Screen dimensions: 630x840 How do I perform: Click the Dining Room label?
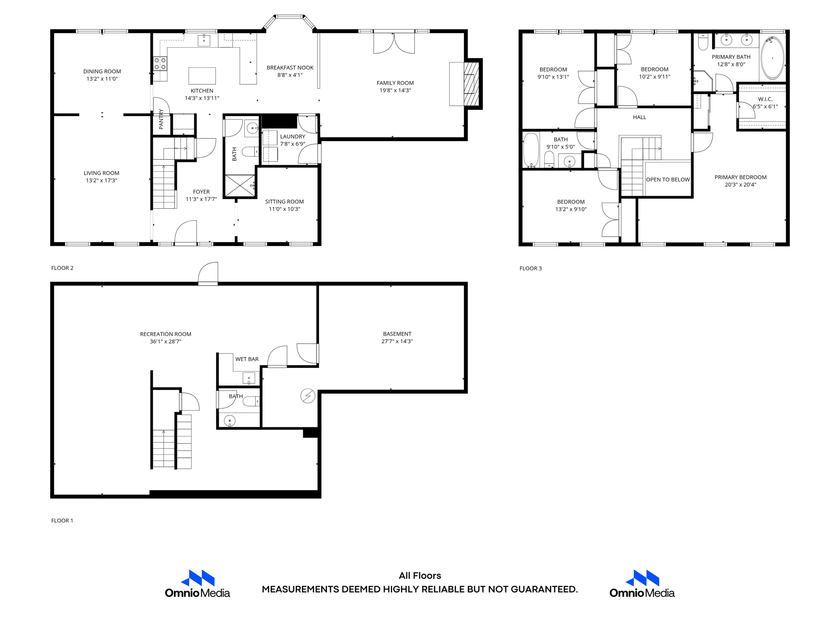click(102, 71)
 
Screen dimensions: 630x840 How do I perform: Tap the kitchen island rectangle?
click(202, 76)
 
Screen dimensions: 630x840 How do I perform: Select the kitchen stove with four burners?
click(160, 64)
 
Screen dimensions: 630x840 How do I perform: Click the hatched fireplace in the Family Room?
click(471, 84)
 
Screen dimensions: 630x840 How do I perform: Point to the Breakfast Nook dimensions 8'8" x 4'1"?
click(290, 75)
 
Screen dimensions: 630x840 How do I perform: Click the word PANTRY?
click(161, 119)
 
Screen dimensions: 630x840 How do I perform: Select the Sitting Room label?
click(284, 201)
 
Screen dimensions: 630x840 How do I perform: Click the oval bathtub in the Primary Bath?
click(772, 58)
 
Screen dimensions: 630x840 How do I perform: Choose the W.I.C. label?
click(765, 99)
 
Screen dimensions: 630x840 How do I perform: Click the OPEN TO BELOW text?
click(668, 180)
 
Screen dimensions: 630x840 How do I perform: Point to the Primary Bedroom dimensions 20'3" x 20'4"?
click(740, 185)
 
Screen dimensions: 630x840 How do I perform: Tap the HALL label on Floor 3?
click(639, 117)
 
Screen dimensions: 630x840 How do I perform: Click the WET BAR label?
click(247, 359)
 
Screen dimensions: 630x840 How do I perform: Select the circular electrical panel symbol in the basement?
click(308, 396)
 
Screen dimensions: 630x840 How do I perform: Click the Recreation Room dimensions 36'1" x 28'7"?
click(165, 341)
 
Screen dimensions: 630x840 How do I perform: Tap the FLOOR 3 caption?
click(530, 268)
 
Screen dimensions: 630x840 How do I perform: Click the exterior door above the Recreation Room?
click(208, 274)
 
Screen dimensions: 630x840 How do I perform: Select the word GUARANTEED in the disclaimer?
click(544, 589)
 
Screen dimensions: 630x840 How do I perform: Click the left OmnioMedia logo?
click(197, 584)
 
